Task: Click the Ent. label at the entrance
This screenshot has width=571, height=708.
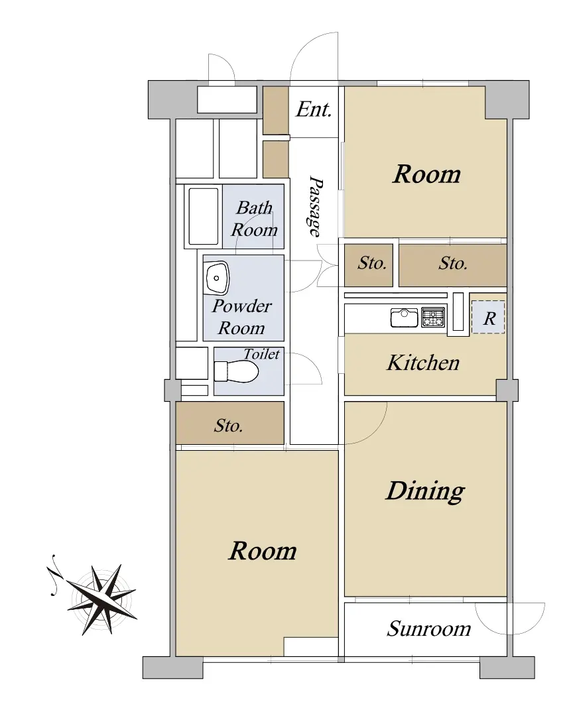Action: (x=314, y=109)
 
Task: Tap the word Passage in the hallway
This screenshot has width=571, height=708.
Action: (x=315, y=206)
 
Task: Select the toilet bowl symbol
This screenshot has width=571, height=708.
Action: (x=236, y=372)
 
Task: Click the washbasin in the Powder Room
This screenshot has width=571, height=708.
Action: (x=218, y=277)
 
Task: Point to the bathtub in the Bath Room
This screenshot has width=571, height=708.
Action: (x=204, y=216)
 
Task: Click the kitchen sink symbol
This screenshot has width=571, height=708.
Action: (x=404, y=318)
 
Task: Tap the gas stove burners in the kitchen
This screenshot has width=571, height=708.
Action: (x=433, y=317)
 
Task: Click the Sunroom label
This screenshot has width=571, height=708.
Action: (x=428, y=628)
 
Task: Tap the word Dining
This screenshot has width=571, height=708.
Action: (x=424, y=491)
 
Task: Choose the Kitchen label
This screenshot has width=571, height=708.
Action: (x=423, y=363)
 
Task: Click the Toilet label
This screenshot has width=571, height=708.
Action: (x=261, y=354)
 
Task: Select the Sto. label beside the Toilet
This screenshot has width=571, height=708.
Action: (x=228, y=426)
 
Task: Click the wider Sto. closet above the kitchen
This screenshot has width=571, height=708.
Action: (x=452, y=265)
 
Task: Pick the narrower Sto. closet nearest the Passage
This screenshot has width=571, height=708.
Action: (x=369, y=265)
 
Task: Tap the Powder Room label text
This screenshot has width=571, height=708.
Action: (x=242, y=317)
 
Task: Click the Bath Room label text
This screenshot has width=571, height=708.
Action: (x=254, y=219)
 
